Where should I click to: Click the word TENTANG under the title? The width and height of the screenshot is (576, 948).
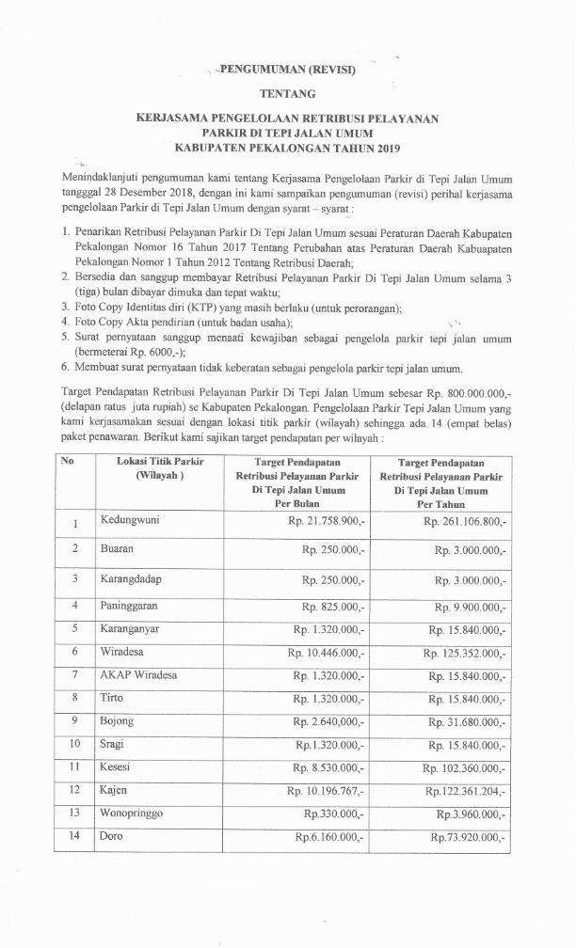(x=288, y=93)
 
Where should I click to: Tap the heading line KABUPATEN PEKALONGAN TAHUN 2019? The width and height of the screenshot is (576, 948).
(x=287, y=148)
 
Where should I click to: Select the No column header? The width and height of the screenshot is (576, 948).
(x=68, y=461)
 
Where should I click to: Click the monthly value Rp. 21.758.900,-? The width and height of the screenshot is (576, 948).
(x=322, y=521)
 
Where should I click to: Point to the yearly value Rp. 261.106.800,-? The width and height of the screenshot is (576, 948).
(x=465, y=521)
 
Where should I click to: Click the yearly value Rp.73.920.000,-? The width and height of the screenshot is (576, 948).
(x=469, y=836)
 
